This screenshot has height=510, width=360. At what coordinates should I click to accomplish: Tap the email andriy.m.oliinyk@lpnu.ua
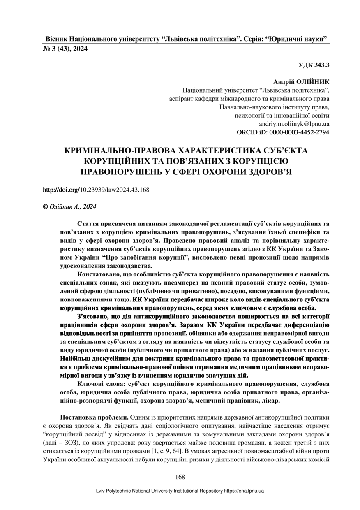tap(294, 123)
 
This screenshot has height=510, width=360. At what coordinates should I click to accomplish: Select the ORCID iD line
tap(284, 132)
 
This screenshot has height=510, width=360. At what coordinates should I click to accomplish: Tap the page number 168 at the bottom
tap(180, 477)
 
